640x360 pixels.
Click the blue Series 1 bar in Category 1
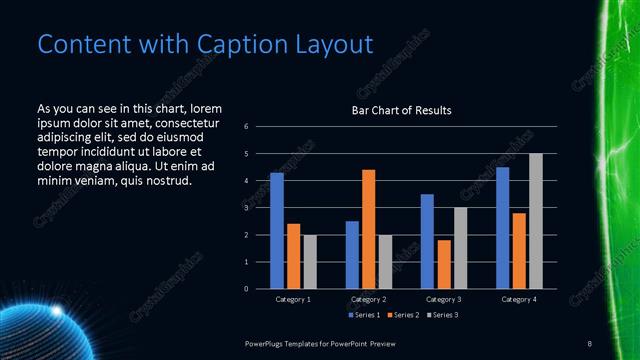(277, 231)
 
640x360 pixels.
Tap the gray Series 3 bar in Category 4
(535, 221)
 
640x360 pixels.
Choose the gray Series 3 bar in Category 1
(310, 262)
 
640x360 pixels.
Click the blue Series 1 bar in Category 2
(352, 255)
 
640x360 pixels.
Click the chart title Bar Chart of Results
(401, 110)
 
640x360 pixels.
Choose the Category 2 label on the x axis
(368, 299)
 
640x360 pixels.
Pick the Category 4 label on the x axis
(518, 299)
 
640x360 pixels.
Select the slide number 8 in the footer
(590, 343)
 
